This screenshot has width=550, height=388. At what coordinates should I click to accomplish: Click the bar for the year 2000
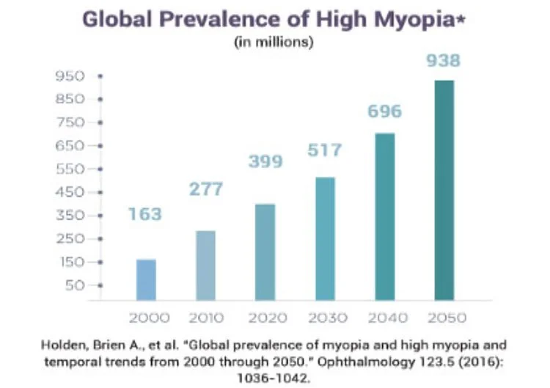[x=146, y=279]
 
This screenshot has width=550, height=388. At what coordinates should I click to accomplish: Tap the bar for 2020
[x=265, y=252]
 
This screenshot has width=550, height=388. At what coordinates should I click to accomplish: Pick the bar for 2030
[x=325, y=238]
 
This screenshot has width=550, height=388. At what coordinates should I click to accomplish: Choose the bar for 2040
[x=385, y=216]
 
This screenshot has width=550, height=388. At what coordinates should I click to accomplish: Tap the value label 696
[x=384, y=111]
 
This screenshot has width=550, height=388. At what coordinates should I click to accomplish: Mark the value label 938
[x=444, y=60]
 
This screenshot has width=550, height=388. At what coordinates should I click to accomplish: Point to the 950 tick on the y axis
[x=76, y=76]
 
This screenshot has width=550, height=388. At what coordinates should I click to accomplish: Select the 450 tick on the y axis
[x=76, y=192]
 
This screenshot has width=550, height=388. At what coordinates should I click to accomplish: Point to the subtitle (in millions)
[x=274, y=42]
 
